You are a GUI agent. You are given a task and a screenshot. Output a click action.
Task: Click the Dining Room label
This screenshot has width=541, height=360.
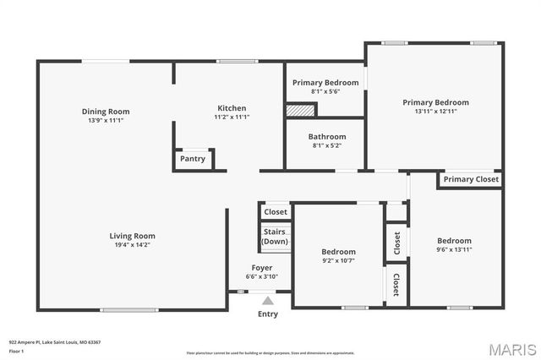click(x=106, y=112)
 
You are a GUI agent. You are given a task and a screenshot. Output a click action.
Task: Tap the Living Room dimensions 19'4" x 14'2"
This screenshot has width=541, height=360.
click(x=132, y=245)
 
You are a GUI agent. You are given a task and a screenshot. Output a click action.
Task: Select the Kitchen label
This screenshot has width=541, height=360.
click(x=232, y=108)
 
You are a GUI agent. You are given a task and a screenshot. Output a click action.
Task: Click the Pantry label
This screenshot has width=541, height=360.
click(x=193, y=159)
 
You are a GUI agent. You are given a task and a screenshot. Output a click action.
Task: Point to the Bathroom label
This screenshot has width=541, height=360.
click(x=326, y=137)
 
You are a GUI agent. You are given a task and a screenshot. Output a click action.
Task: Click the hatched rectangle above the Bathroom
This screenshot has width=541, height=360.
click(x=300, y=110)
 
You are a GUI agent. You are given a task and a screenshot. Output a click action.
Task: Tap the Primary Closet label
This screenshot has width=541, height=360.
click(x=471, y=179)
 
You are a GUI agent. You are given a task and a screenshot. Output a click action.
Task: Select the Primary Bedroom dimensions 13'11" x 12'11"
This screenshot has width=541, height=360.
click(x=435, y=112)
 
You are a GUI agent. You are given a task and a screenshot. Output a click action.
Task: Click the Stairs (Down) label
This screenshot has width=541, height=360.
click(x=275, y=237)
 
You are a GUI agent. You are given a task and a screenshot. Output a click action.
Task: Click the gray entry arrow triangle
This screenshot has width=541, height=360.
click(x=268, y=300)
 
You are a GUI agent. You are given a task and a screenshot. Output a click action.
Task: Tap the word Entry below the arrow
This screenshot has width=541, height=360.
click(x=267, y=314)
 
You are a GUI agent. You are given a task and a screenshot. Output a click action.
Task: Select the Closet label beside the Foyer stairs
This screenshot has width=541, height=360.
click(x=276, y=212)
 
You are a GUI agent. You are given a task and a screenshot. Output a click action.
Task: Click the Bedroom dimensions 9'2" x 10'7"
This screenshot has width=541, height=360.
click(x=338, y=261)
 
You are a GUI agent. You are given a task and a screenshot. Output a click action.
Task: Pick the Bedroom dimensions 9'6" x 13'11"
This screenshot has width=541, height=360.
click(x=454, y=250)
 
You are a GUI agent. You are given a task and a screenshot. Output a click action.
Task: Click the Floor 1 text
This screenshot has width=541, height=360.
click(x=16, y=351)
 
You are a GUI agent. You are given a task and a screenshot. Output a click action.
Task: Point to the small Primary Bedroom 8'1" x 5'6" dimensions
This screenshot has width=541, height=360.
click(x=325, y=91)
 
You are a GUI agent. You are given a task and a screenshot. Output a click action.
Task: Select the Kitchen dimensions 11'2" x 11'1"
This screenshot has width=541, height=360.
click(x=232, y=117)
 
